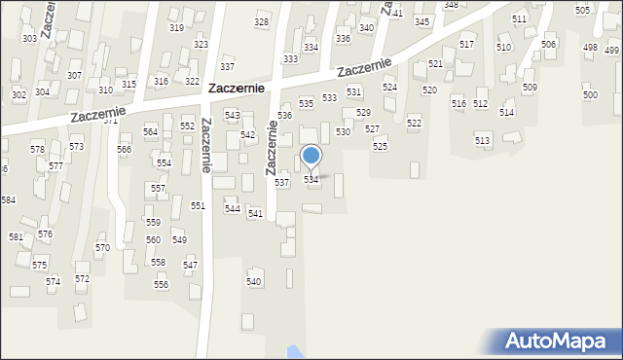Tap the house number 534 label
pos(311,180)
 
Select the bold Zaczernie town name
pos(246,89)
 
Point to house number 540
pos(254,282)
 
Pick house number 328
pos(261,22)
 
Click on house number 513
pos(483,141)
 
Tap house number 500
pos(590,95)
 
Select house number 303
pos(29,39)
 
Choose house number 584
pos(8,199)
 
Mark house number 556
pos(161,285)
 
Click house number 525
pos(380,146)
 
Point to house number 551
pos(198,206)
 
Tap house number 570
pos(102,248)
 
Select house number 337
pos(227,67)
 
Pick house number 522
pos(414,124)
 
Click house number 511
pos(519,19)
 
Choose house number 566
pos(125,150)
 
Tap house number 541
pos(255,213)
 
